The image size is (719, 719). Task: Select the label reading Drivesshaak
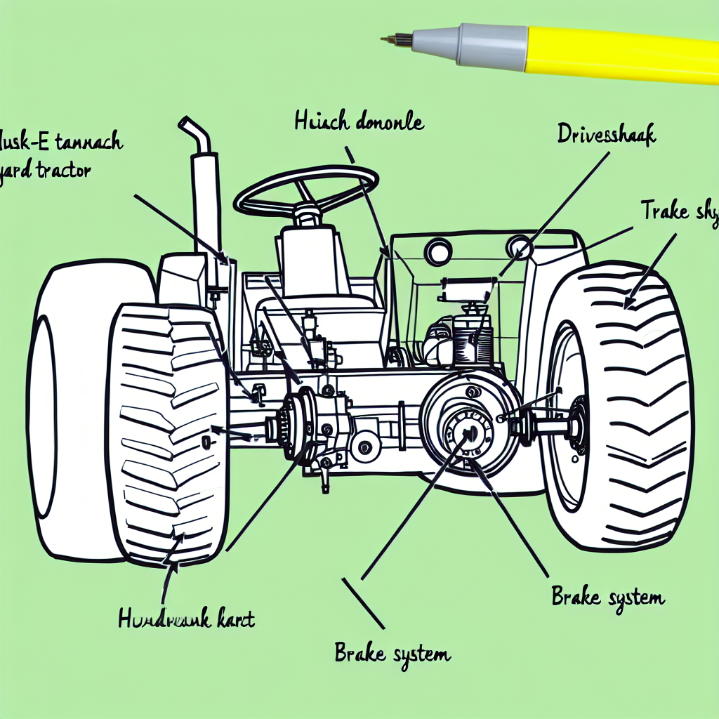pyautogui.click(x=606, y=134)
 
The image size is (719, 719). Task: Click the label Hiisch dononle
pyautogui.click(x=358, y=122)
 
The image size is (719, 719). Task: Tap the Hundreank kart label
pyautogui.click(x=185, y=619)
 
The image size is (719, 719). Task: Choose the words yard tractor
pyautogui.click(x=46, y=171)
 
